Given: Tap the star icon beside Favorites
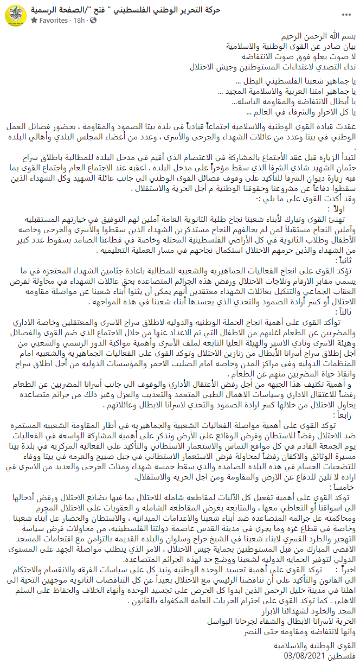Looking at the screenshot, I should click(x=34, y=20).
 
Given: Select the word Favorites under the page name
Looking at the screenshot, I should click(x=54, y=20).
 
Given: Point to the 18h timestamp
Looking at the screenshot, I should click(x=79, y=20).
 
